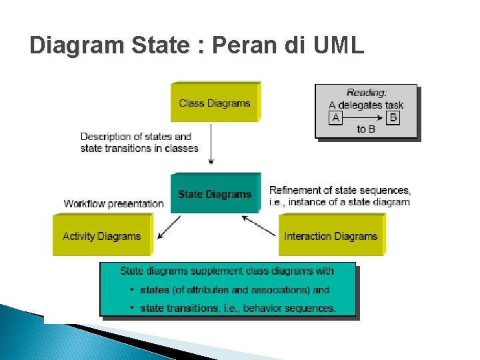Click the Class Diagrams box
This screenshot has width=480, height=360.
point(214,103)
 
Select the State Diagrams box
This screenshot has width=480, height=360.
point(214,194)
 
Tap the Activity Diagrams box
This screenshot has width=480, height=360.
point(101,235)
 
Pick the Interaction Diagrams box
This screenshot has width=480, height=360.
point(330,235)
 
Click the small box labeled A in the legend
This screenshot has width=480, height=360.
point(335,117)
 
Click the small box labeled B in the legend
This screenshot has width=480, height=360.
point(393,117)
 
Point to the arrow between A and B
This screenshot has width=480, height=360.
point(364,117)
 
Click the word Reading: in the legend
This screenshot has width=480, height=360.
point(367,93)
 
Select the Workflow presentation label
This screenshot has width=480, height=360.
point(113,203)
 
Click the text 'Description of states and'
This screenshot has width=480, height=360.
point(135,137)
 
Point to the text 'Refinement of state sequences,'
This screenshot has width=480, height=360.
point(339,190)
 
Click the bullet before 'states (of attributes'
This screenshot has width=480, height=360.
point(133,290)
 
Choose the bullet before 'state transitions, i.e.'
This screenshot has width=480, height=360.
point(133,308)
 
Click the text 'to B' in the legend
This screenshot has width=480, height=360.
point(366,129)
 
